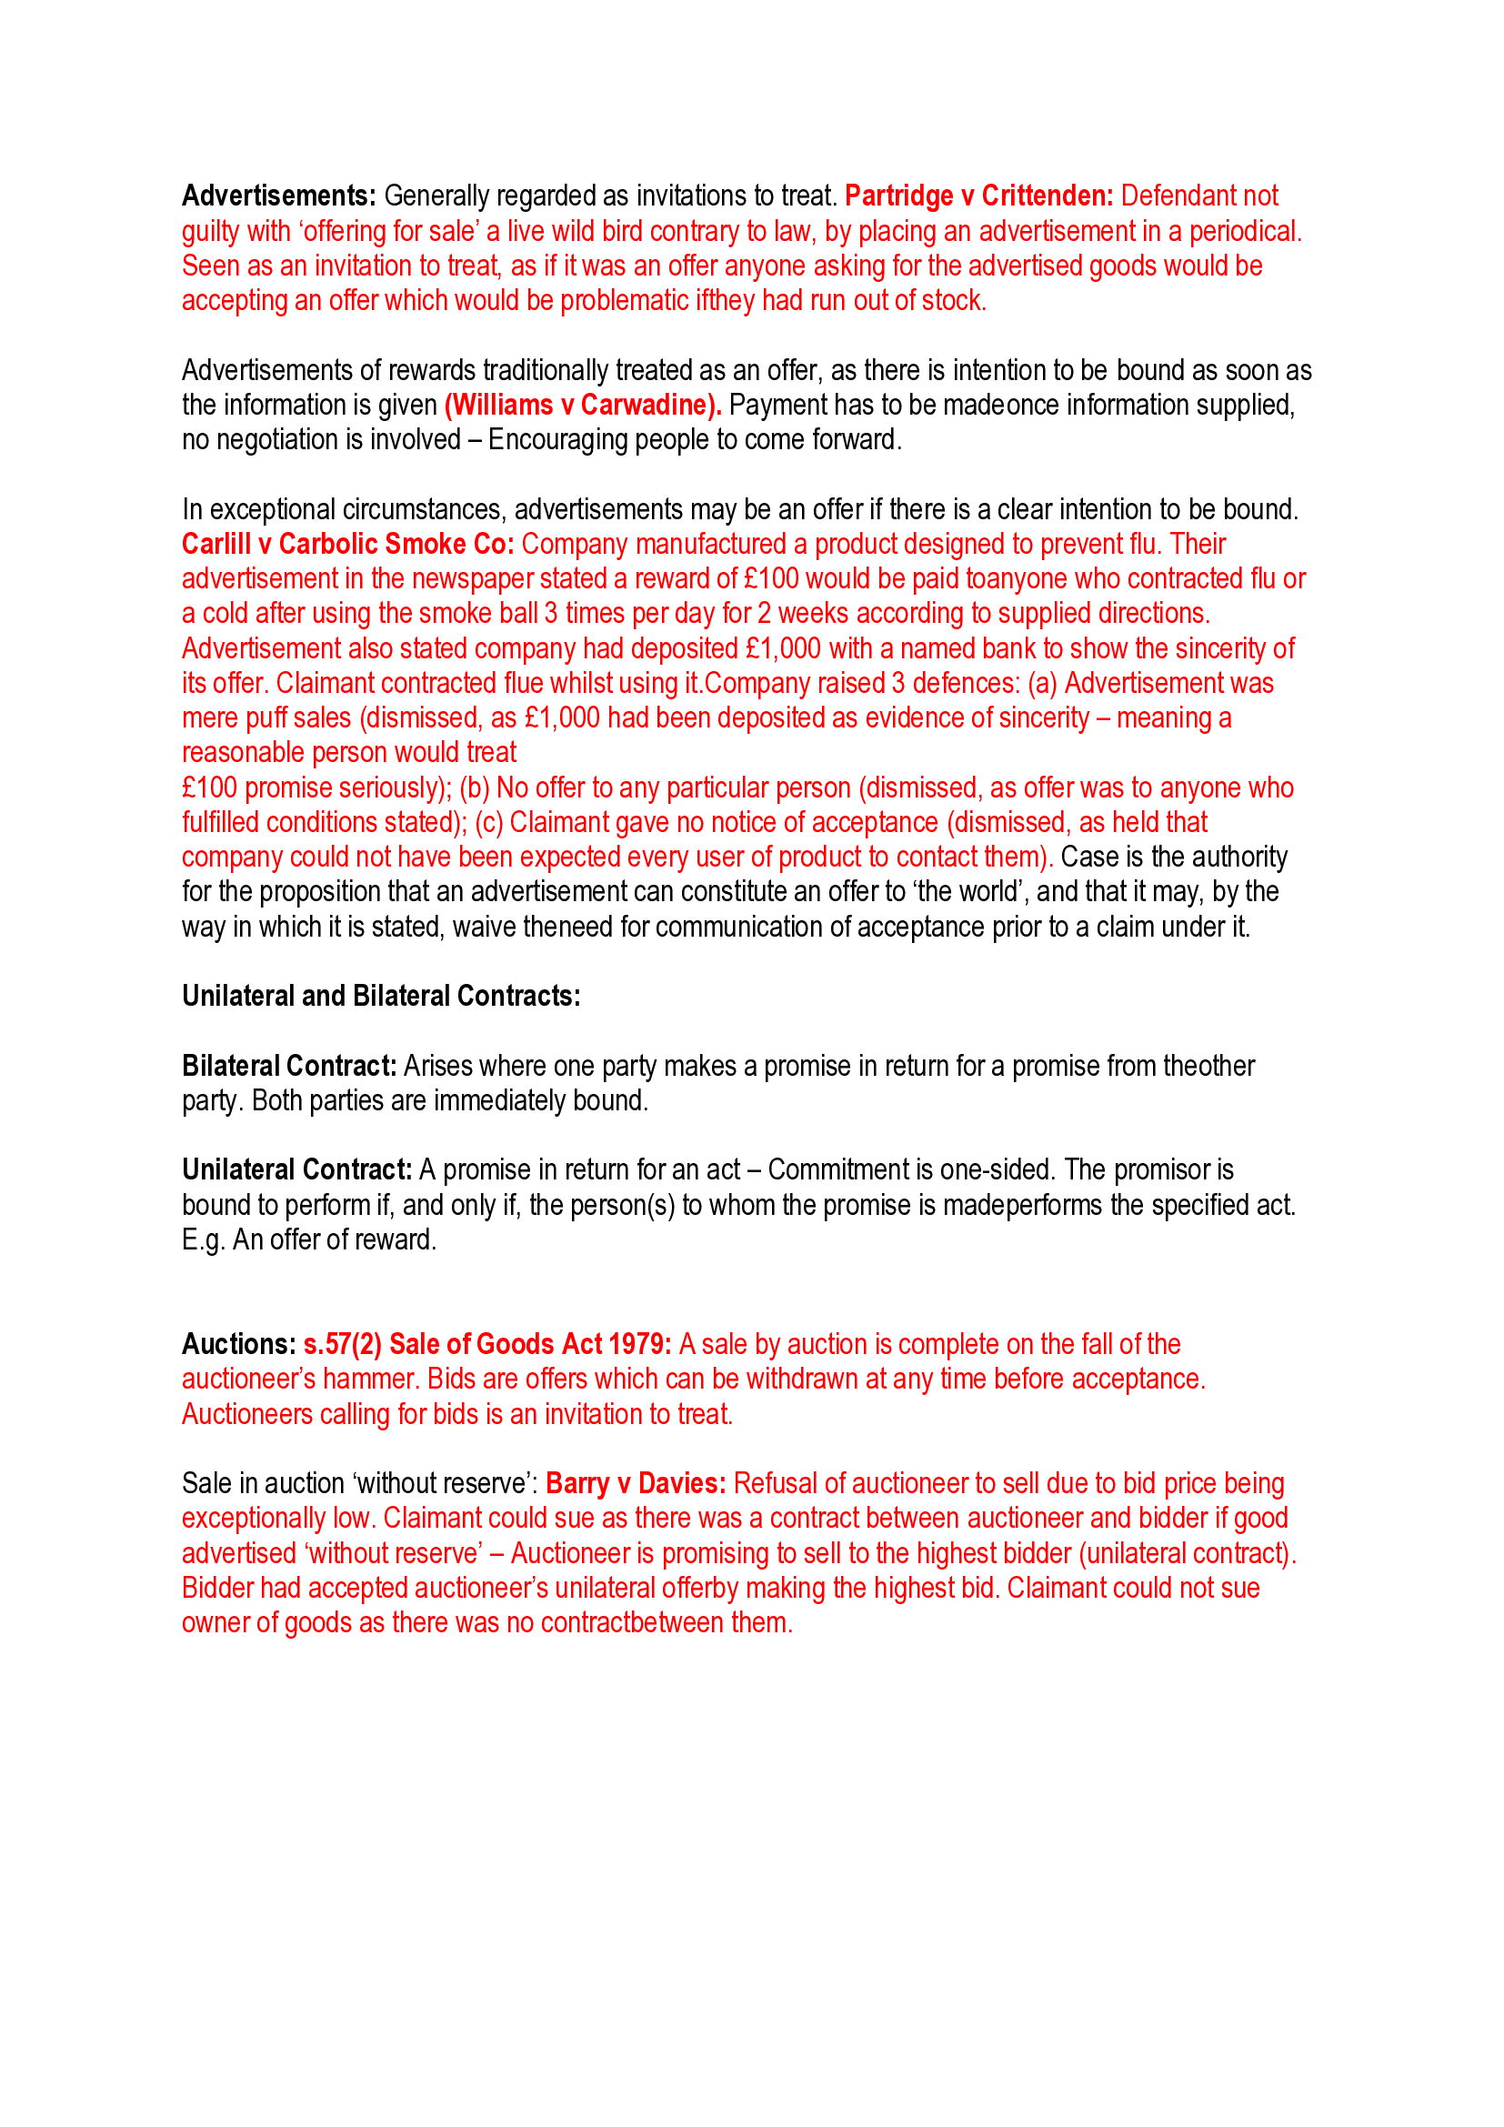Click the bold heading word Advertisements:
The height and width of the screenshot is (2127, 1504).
click(x=278, y=196)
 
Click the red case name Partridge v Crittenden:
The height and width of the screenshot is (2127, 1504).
click(x=978, y=196)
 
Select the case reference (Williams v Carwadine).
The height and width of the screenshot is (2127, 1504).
click(x=583, y=406)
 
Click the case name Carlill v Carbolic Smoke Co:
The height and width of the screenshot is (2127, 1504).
click(x=347, y=545)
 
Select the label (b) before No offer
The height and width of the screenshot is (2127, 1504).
click(x=474, y=788)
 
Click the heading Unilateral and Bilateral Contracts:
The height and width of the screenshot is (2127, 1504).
click(x=381, y=997)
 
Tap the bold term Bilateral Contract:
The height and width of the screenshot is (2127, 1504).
click(x=289, y=1067)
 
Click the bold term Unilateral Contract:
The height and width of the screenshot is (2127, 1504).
click(x=296, y=1171)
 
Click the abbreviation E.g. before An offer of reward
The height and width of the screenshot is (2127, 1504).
click(x=203, y=1240)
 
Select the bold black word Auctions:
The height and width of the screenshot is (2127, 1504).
click(x=238, y=1345)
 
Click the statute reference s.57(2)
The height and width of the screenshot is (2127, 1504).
click(x=342, y=1345)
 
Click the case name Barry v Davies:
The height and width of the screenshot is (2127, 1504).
click(x=636, y=1484)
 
